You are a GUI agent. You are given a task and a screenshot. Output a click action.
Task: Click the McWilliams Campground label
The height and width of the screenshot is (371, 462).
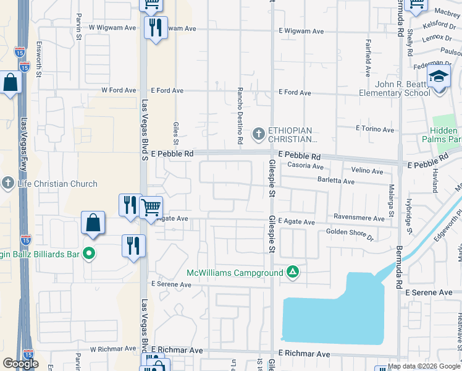tap(235, 273)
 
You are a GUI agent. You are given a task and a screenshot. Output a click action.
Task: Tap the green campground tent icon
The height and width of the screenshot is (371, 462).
tap(293, 272)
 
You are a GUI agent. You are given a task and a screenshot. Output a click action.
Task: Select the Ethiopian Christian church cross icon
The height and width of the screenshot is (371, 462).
tap(259, 133)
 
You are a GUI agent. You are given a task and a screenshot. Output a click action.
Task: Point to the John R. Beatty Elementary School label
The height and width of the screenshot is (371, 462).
tap(395, 88)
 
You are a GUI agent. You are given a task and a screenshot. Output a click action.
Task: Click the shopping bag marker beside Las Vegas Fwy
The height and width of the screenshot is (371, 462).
tap(11, 82)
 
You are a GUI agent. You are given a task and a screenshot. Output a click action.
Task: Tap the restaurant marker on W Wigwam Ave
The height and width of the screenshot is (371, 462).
tap(154, 27)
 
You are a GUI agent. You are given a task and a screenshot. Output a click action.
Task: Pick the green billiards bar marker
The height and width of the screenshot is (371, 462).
tap(89, 253)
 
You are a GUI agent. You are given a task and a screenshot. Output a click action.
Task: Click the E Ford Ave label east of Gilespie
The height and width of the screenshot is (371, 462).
tap(295, 92)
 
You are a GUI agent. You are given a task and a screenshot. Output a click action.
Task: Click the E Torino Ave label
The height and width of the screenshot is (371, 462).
tap(374, 129)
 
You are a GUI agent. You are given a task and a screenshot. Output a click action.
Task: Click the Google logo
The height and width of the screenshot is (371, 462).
tap(20, 364)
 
